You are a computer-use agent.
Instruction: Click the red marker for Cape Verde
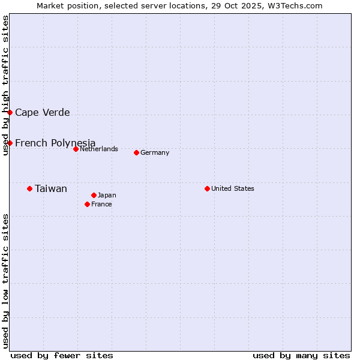pyautogui.click(x=10, y=112)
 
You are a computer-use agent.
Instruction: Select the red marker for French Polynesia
pyautogui.click(x=10, y=143)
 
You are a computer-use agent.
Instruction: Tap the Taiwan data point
pyautogui.click(x=29, y=188)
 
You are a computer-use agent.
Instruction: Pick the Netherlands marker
pyautogui.click(x=76, y=149)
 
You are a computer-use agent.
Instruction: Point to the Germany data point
pyautogui.click(x=136, y=152)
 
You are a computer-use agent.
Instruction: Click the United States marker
pyautogui.click(x=207, y=188)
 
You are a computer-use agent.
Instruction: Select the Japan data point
pyautogui.click(x=94, y=195)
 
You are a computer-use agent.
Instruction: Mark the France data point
pyautogui.click(x=87, y=204)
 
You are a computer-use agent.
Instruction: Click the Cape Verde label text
pyautogui.click(x=42, y=112)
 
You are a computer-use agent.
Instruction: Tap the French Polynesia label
pyautogui.click(x=55, y=143)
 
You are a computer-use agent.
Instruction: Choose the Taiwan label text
pyautogui.click(x=51, y=188)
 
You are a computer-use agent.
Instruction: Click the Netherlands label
pyautogui.click(x=98, y=149)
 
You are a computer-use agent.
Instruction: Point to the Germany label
pyautogui.click(x=155, y=152)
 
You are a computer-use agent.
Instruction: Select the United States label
pyautogui.click(x=232, y=188)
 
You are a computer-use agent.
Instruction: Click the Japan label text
pyautogui.click(x=107, y=195)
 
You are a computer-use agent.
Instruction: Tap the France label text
pyautogui.click(x=101, y=204)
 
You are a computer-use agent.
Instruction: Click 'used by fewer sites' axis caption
pyautogui.click(x=62, y=355)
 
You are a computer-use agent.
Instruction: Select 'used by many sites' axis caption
pyautogui.click(x=301, y=355)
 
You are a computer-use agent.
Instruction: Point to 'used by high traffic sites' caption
pyautogui.click(x=5, y=85)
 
